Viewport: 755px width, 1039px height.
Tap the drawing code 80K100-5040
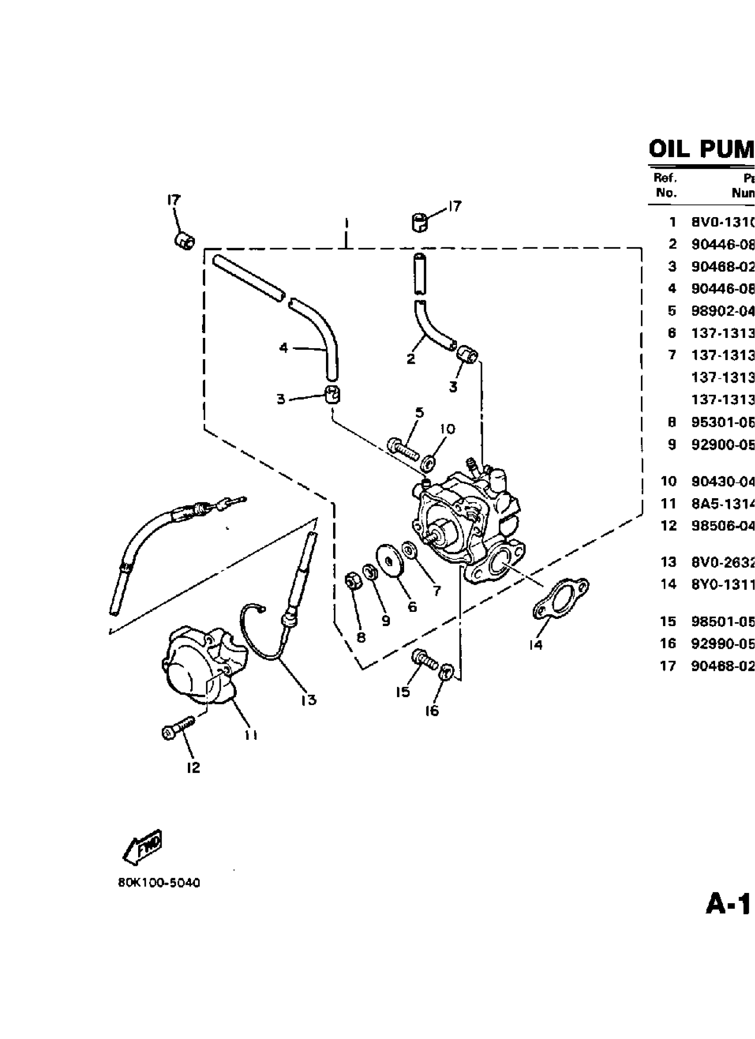coord(159,883)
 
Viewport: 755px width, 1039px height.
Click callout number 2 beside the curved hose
coord(411,358)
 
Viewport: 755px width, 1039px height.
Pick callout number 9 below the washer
coord(385,621)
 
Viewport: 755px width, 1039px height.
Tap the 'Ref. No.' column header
coord(666,185)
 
